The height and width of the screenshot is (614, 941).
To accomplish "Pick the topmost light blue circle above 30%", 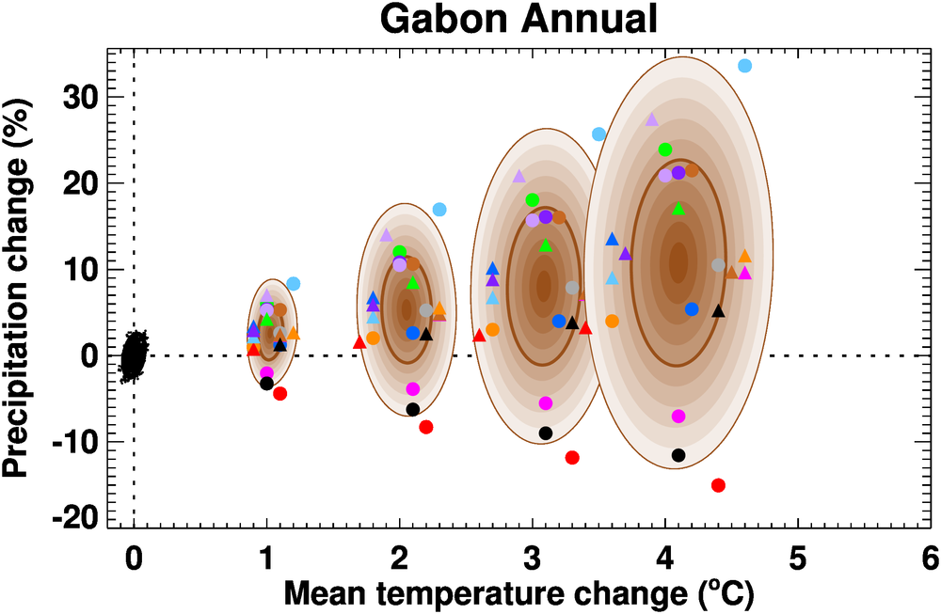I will (744, 66).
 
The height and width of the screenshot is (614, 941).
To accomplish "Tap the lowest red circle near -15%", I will (718, 485).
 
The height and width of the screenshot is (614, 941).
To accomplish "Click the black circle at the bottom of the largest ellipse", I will (678, 455).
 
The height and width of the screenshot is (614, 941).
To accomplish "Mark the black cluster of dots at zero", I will (135, 355).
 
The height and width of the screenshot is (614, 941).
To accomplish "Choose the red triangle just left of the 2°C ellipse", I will (359, 342).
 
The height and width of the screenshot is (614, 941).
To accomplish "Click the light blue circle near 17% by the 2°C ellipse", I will (439, 209).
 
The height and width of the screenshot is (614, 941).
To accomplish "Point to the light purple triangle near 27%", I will (651, 119).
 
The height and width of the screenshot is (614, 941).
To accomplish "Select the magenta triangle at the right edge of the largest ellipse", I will (744, 273).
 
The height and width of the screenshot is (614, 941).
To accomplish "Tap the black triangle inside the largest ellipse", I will (718, 310).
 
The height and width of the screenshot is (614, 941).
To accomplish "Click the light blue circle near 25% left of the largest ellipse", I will (598, 134).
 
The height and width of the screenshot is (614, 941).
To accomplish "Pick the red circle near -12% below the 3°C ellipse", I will (571, 457).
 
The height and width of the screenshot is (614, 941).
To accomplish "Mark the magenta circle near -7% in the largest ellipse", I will (678, 416).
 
